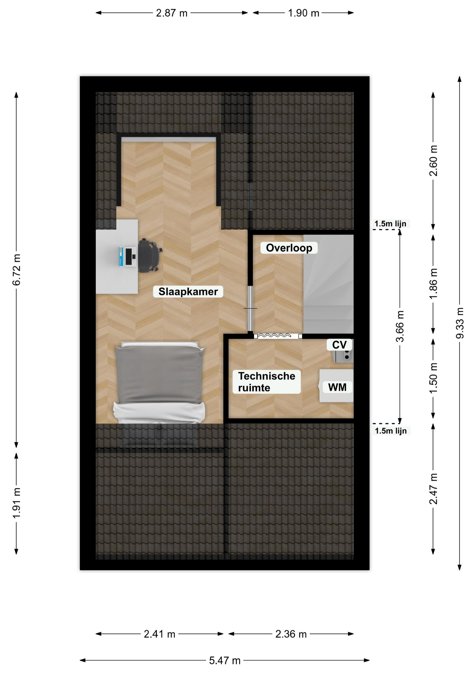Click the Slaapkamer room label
pyautogui.click(x=188, y=292)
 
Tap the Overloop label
pyautogui.click(x=289, y=248)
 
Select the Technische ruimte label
pyautogui.click(x=267, y=382)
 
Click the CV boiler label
pyautogui.click(x=339, y=345)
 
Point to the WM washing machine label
pyautogui.click(x=337, y=387)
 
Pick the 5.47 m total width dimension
pyautogui.click(x=225, y=660)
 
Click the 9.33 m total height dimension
pyautogui.click(x=460, y=323)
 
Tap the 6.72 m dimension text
pyautogui.click(x=16, y=270)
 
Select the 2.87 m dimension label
pyautogui.click(x=172, y=13)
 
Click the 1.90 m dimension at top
pyautogui.click(x=304, y=13)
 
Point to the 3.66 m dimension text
pyautogui.click(x=400, y=326)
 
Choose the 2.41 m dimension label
pyautogui.click(x=159, y=634)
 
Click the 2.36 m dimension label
pyautogui.click(x=291, y=634)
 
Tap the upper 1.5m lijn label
pyautogui.click(x=390, y=224)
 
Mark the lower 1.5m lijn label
pyautogui.click(x=391, y=431)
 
